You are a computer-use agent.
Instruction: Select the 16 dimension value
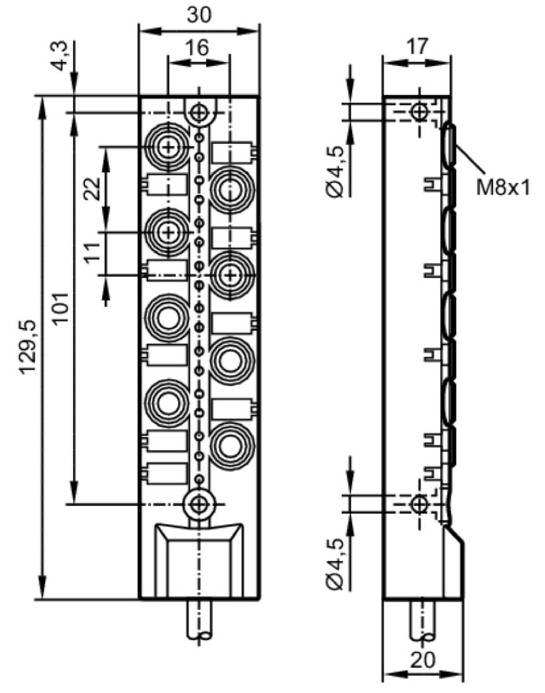point(198,47)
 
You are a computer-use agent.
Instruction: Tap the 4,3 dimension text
point(59,57)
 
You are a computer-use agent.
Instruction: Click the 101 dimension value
point(60,308)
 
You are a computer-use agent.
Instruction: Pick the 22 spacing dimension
point(91,189)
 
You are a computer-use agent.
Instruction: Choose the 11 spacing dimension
point(91,254)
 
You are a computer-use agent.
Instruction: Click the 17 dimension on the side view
point(417,46)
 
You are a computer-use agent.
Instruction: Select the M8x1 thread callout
point(503,188)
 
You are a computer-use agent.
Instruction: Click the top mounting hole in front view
point(199,113)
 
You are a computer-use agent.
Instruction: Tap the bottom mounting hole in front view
point(199,505)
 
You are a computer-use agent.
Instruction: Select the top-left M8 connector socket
point(168,147)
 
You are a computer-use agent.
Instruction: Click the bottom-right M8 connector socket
point(231,444)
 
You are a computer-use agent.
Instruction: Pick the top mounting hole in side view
point(419,112)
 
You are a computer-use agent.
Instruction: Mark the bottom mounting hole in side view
point(419,505)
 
